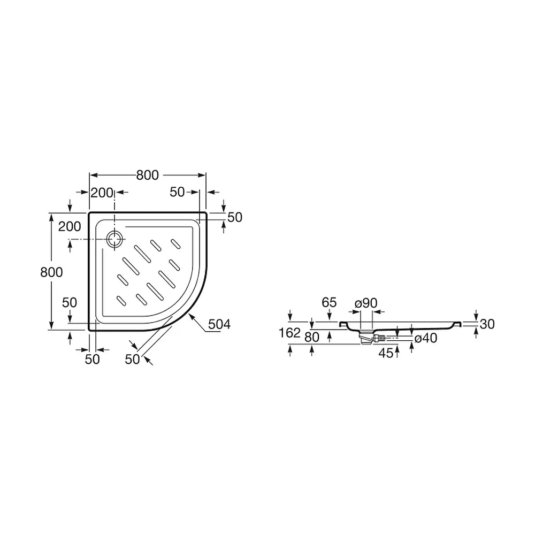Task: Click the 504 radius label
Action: [219, 324]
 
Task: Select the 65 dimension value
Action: [329, 302]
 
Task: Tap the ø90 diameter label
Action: [366, 303]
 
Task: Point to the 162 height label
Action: [289, 333]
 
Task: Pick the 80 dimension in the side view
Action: [311, 337]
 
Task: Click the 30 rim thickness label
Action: [487, 324]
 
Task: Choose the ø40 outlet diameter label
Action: [426, 338]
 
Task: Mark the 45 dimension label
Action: [386, 353]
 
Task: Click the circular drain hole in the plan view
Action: [114, 239]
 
